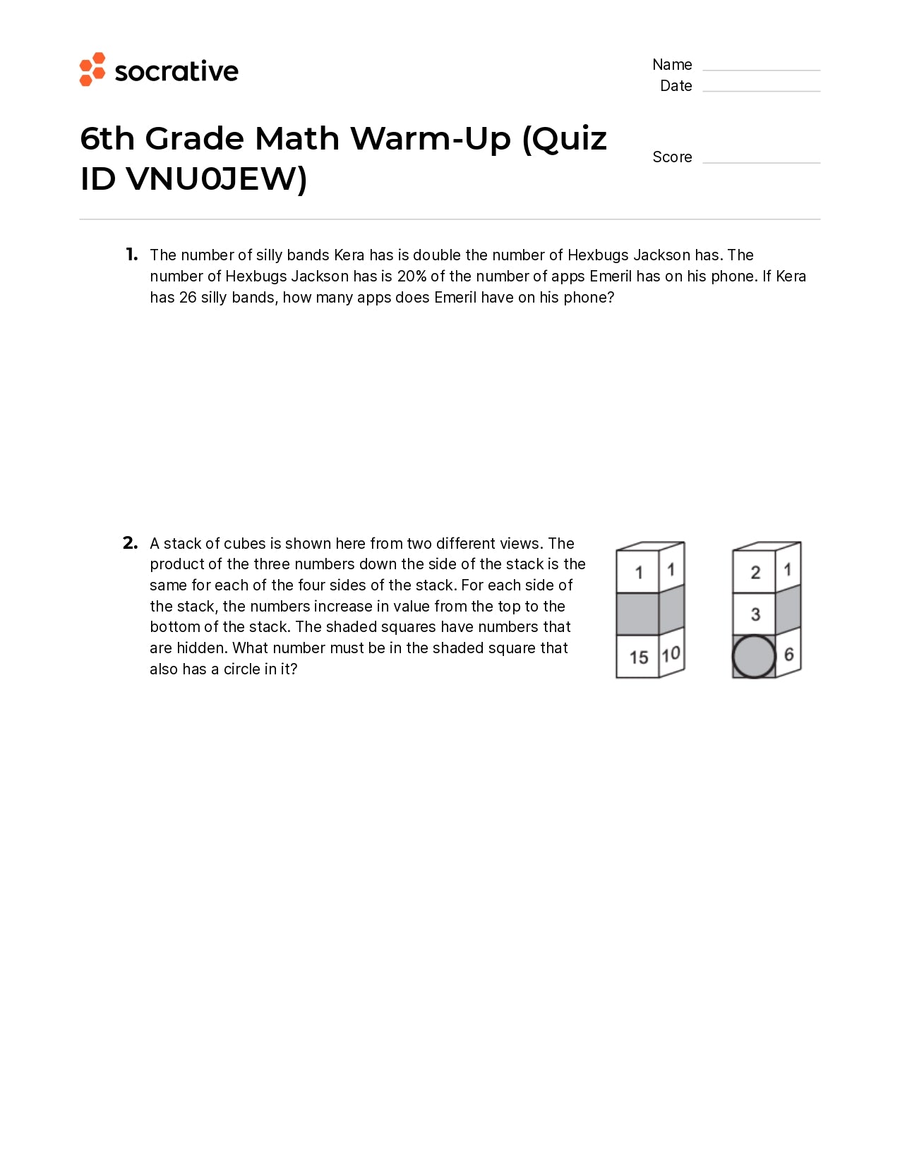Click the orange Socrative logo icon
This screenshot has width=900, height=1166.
tap(92, 69)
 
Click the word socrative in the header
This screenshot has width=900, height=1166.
tap(176, 71)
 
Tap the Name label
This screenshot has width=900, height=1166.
tap(672, 65)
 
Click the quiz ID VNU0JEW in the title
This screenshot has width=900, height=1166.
tap(212, 179)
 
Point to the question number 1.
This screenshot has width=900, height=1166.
tap(132, 255)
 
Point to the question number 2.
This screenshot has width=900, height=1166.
tap(130, 543)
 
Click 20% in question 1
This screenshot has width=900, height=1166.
tap(412, 277)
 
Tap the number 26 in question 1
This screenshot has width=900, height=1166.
tap(188, 298)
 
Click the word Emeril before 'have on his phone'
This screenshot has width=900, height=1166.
tap(455, 298)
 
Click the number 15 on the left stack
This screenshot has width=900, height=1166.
tap(639, 657)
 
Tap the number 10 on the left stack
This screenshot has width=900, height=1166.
tap(671, 654)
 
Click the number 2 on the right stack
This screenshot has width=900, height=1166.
tap(755, 572)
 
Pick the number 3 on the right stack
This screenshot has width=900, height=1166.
tap(755, 614)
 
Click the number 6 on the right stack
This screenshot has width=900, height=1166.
tap(789, 655)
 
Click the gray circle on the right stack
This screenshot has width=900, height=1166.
tap(754, 657)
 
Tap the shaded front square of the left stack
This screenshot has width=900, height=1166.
tap(637, 614)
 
